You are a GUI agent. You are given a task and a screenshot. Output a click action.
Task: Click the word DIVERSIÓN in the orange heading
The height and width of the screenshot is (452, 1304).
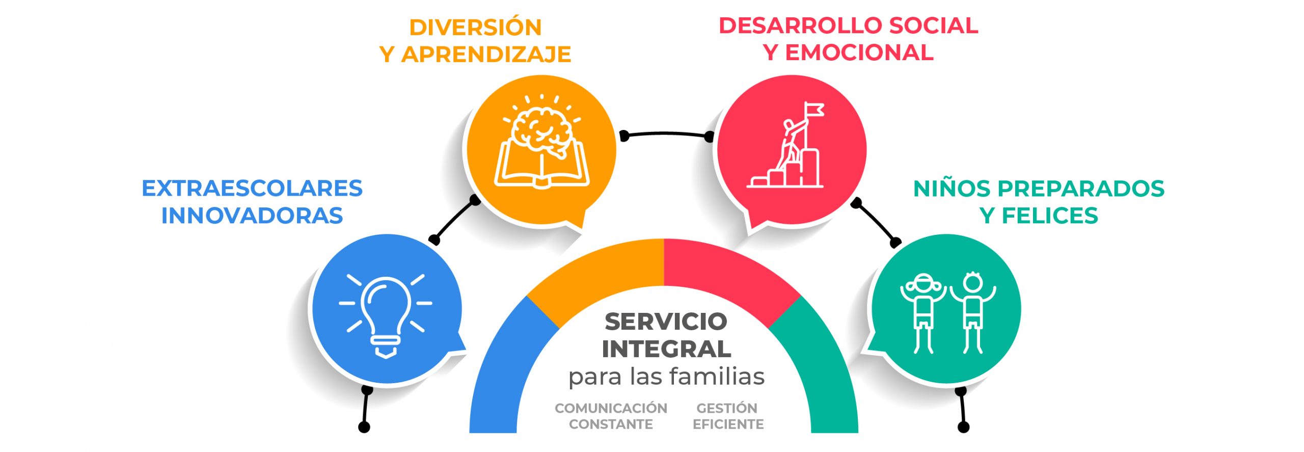[x=475, y=28]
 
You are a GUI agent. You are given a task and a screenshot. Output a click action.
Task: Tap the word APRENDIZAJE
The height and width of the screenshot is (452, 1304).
[x=486, y=55]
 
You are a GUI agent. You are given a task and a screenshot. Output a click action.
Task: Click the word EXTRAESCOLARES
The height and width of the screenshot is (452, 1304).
[x=252, y=189]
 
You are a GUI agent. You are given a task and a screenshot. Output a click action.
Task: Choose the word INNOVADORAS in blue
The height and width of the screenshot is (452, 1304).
[x=252, y=216]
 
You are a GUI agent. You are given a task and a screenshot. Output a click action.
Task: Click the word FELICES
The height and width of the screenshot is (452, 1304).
[x=1050, y=216]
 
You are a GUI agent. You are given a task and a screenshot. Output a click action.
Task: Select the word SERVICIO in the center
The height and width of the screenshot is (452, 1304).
[x=666, y=322]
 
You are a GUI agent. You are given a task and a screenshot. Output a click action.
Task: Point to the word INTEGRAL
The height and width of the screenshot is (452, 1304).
[x=666, y=349]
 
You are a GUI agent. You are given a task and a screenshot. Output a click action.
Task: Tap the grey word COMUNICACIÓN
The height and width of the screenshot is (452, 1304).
[x=611, y=408]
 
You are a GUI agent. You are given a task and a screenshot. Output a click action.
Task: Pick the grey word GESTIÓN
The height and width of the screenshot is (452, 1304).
[x=727, y=408]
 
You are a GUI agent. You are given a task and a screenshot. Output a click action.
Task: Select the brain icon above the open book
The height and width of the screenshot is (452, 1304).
[x=542, y=130]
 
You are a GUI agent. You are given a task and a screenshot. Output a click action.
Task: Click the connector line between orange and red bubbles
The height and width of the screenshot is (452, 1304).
[x=665, y=134]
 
